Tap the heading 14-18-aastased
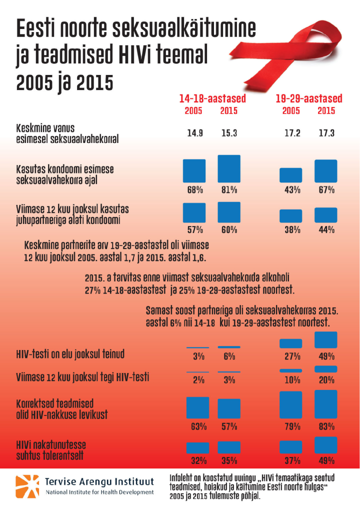[x=213, y=98]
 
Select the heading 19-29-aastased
[x=309, y=98]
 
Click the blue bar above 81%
[x=229, y=169]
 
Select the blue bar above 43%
[x=290, y=175]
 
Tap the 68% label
[x=194, y=190]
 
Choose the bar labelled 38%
[x=290, y=215]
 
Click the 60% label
[x=229, y=229]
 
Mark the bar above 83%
[x=326, y=404]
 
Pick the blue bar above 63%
[x=197, y=407]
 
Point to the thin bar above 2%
[x=197, y=372]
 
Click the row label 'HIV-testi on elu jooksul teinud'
[x=70, y=354]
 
